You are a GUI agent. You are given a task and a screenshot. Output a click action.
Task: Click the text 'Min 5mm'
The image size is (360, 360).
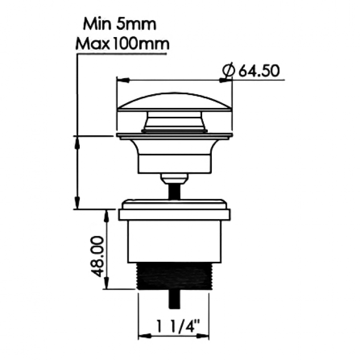pyautogui.click(x=120, y=24)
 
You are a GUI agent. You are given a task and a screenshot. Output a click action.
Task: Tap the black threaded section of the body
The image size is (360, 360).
pyautogui.click(x=175, y=278)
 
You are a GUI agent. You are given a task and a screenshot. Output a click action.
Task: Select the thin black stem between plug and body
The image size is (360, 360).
pyautogui.click(x=174, y=190)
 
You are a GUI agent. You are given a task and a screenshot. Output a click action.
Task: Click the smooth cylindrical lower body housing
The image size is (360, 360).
pyautogui.click(x=174, y=242)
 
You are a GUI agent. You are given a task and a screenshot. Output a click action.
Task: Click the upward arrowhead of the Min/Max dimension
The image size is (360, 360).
pyautogui.click(x=77, y=142)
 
